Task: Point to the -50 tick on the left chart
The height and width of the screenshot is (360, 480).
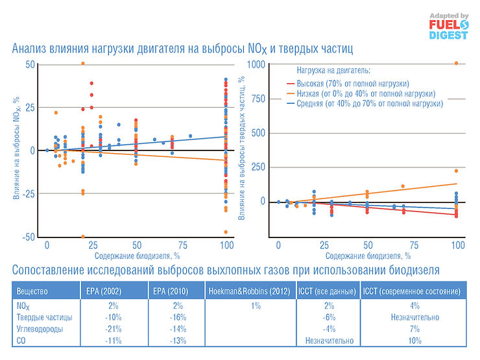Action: [29, 237]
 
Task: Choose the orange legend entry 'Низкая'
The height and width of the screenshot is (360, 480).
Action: [361, 93]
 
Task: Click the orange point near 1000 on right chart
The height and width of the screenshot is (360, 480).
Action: [457, 64]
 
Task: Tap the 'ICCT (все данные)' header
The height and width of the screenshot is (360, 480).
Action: [327, 292]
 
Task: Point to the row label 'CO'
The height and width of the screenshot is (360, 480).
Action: [22, 341]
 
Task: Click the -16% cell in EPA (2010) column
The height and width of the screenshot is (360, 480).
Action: [177, 317]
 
